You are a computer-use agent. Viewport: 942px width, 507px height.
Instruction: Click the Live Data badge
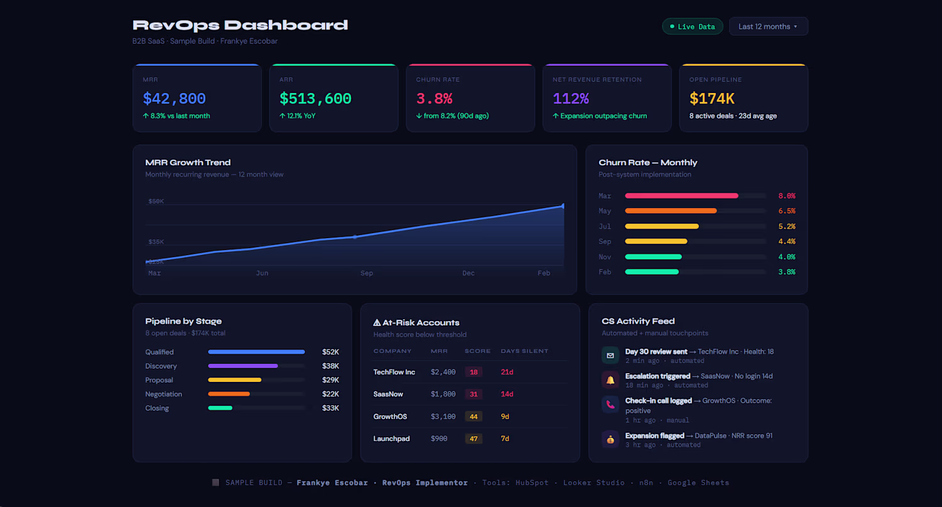692,26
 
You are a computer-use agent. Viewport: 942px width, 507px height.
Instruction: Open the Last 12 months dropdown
768,26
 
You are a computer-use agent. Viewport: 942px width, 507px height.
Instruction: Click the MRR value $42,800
175,99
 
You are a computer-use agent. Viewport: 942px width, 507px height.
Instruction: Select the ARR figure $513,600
315,99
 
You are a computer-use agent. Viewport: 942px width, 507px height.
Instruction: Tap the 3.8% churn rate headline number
434,99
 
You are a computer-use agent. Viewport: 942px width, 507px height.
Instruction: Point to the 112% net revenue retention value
571,99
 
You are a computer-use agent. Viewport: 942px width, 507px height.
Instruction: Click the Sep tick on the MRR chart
367,273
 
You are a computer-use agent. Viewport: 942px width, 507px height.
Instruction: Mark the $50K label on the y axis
156,202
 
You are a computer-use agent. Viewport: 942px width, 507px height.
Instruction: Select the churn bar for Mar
681,196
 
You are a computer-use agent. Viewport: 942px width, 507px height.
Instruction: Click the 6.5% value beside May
786,211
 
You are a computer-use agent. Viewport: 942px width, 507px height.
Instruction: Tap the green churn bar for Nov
653,257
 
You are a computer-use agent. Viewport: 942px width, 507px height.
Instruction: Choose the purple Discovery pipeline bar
243,366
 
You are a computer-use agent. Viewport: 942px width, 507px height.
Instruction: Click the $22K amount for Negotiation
330,394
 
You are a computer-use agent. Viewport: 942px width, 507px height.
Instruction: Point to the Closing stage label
157,408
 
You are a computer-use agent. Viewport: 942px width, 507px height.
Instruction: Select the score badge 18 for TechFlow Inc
474,372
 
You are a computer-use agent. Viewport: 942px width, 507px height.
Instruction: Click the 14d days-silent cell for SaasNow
507,395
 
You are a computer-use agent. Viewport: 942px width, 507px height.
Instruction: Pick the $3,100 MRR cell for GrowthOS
443,417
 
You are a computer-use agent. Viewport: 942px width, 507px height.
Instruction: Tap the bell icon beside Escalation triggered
610,379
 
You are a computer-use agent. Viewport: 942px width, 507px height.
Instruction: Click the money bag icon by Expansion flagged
610,439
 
